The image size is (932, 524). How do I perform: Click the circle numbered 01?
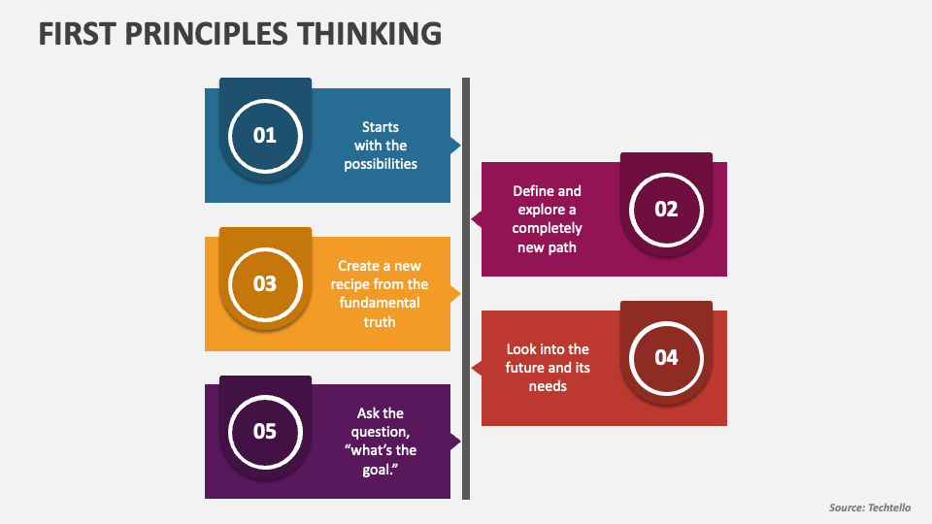click(265, 136)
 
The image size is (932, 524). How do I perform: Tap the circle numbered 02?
click(666, 210)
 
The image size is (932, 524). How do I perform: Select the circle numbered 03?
click(265, 284)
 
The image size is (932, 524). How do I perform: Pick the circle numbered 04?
click(666, 358)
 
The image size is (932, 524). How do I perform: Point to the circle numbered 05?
click(265, 432)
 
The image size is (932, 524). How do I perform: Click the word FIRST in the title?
click(77, 34)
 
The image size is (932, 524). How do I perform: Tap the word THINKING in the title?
click(370, 34)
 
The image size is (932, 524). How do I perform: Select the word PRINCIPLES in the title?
click(206, 34)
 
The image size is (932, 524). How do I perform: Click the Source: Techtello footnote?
click(870, 508)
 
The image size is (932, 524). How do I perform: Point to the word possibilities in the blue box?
click(381, 164)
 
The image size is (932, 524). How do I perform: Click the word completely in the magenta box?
click(547, 228)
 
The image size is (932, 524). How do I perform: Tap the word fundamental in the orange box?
click(380, 303)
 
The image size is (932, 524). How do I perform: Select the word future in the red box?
click(521, 368)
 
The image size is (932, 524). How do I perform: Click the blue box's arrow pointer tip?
click(460, 145)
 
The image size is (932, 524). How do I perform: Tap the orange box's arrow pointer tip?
click(460, 293)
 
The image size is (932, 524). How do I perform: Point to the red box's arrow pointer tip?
click(472, 369)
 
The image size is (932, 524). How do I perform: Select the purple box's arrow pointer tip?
click(460, 442)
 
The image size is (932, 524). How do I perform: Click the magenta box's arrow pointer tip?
click(472, 219)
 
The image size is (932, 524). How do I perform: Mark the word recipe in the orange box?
click(349, 284)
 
